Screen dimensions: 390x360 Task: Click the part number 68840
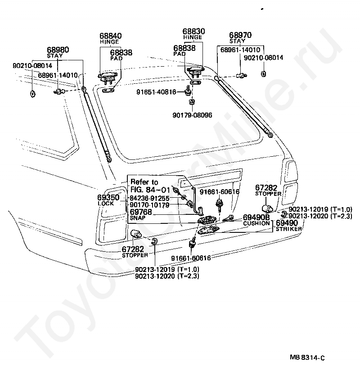(x=110, y=36)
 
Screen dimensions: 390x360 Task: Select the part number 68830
(x=193, y=32)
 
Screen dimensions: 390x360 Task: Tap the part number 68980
(x=58, y=50)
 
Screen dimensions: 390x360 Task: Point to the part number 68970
(x=240, y=35)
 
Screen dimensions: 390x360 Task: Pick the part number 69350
(x=108, y=197)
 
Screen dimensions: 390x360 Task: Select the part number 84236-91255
(x=149, y=198)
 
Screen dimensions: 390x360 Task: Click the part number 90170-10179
(x=149, y=205)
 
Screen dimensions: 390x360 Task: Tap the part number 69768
(x=141, y=212)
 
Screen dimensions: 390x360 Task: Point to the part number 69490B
(x=256, y=217)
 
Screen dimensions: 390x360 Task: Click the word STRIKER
(x=288, y=229)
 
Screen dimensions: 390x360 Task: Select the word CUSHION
(x=256, y=223)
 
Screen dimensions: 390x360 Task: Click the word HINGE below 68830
(x=193, y=37)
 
